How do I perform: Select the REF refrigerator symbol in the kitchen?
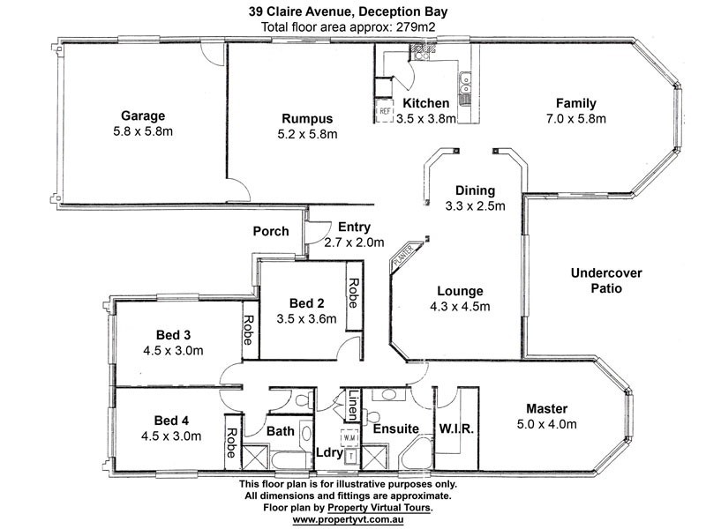point(386,111)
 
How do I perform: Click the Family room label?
point(576,102)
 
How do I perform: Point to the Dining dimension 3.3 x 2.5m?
point(475,207)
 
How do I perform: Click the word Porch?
point(270,232)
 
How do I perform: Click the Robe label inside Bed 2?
point(353,291)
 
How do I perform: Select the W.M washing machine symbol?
point(349,436)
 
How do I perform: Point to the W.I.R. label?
point(457,430)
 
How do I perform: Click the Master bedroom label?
point(546,408)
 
